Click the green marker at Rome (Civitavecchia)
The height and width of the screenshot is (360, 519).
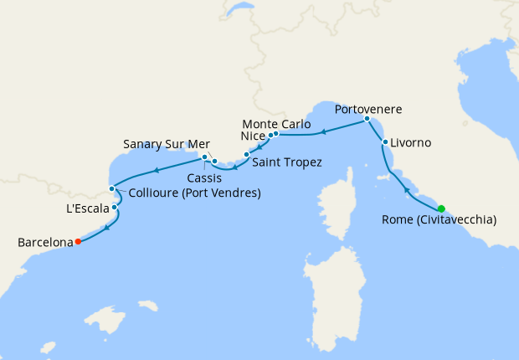click(x=441, y=208)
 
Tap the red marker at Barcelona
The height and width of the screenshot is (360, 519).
click(x=78, y=242)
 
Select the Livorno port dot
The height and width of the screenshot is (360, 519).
click(x=385, y=142)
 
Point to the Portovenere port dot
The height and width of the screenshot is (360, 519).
click(x=367, y=119)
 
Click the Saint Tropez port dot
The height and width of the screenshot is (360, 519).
click(x=246, y=155)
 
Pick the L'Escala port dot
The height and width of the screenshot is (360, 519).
click(x=115, y=207)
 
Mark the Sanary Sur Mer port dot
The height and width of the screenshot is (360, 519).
click(x=204, y=157)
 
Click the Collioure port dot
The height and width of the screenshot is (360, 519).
click(x=112, y=188)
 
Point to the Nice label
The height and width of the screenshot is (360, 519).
click(x=252, y=135)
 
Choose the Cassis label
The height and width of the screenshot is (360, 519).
click(x=205, y=178)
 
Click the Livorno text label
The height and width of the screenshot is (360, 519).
click(x=411, y=143)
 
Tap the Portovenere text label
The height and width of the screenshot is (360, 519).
click(x=368, y=109)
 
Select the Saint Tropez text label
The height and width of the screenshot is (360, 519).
click(x=287, y=162)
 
